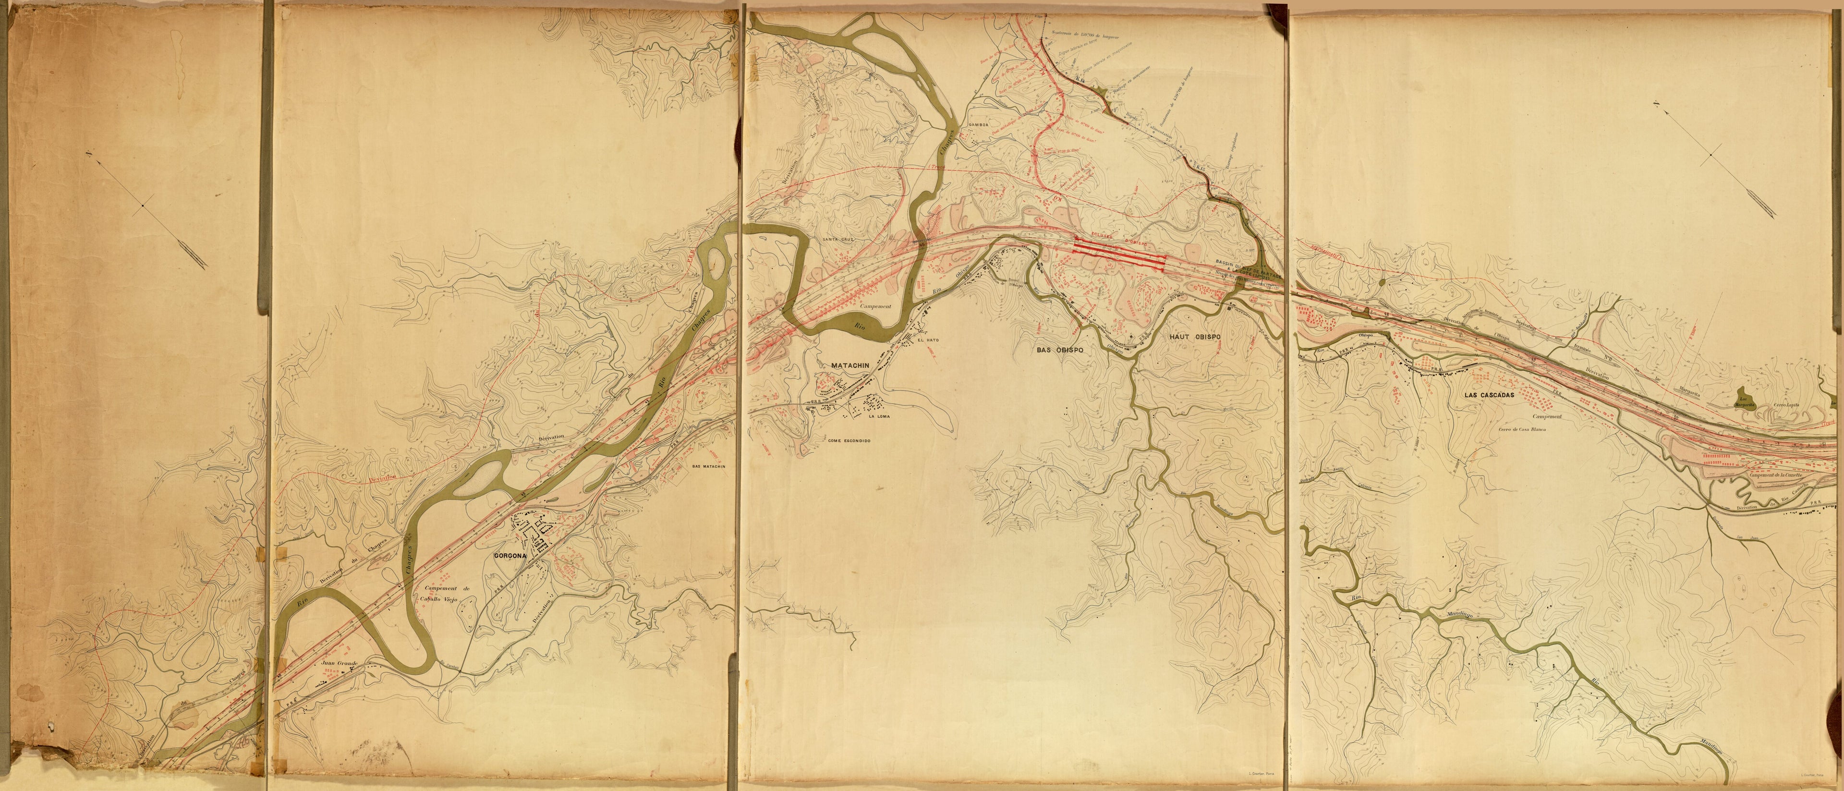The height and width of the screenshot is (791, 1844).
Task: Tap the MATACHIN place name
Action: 849,365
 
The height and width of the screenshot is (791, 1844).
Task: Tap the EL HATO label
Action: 928,340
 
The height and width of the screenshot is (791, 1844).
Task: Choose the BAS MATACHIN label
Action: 709,466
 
